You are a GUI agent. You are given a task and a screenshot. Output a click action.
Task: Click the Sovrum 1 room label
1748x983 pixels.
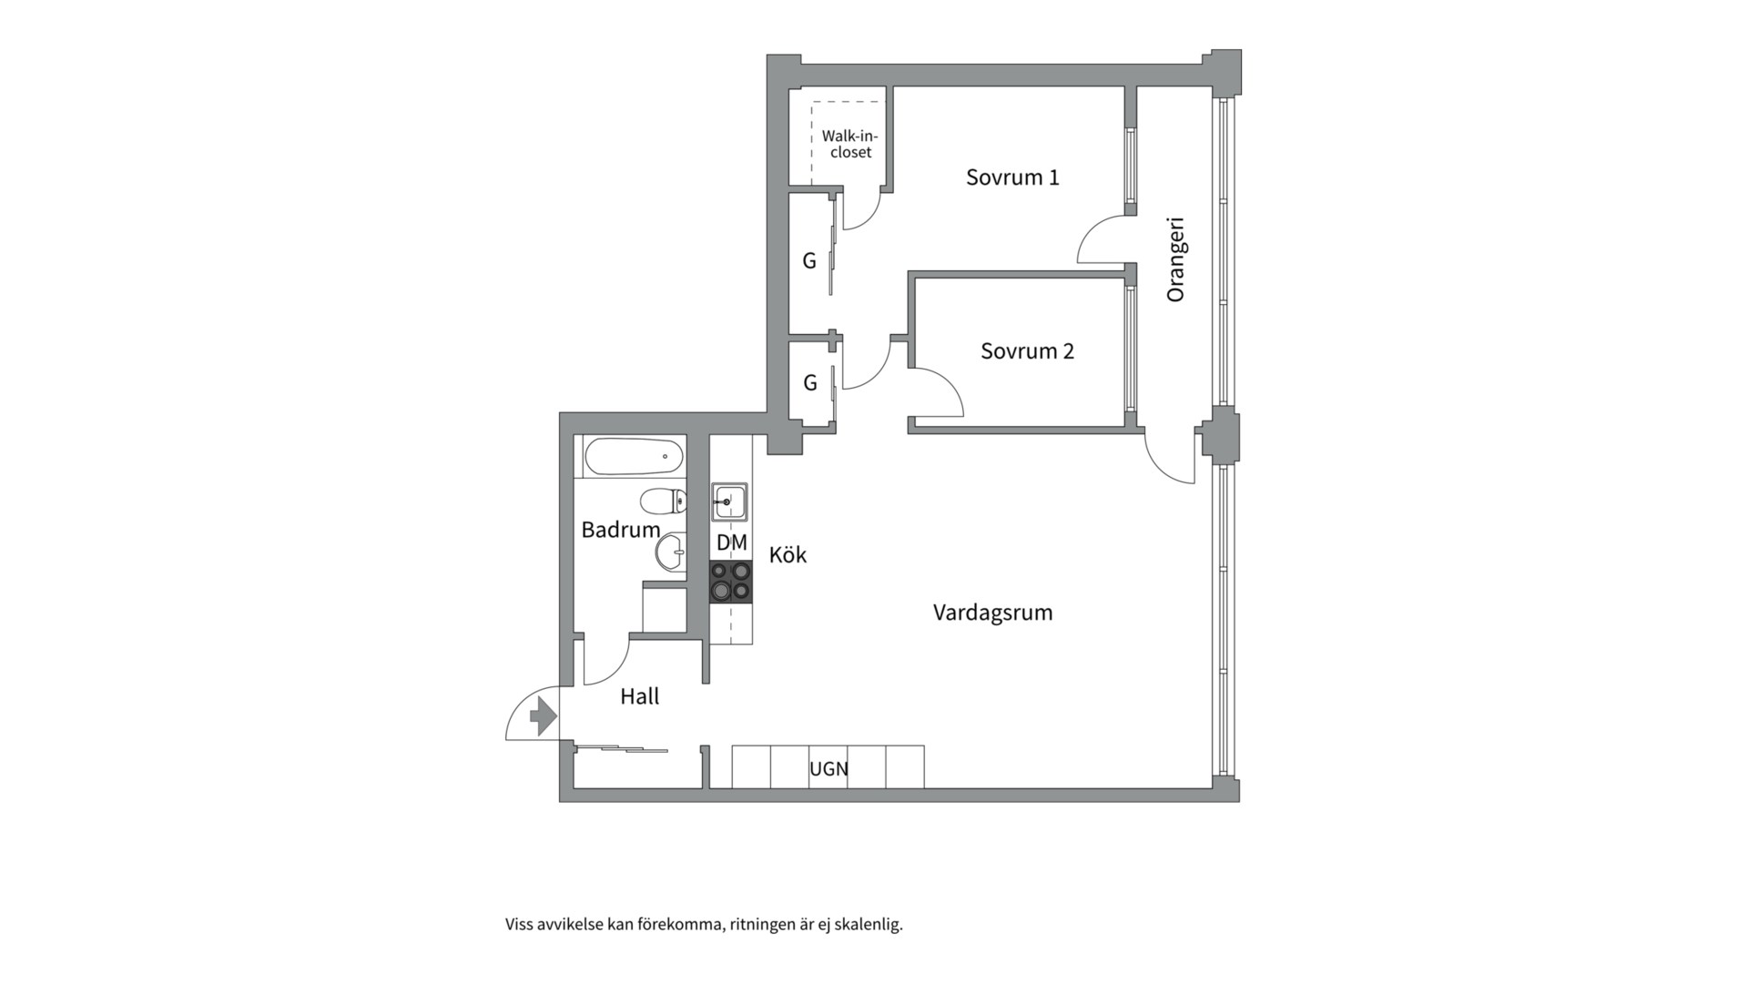(x=1012, y=177)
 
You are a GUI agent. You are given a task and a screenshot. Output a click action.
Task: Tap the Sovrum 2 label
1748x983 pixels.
(x=1027, y=350)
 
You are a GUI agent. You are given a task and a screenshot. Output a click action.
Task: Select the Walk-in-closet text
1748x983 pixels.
(x=850, y=144)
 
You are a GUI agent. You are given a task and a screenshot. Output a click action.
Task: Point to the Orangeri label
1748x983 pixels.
(x=1175, y=258)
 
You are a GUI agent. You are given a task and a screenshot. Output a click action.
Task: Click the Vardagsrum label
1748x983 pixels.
(x=992, y=613)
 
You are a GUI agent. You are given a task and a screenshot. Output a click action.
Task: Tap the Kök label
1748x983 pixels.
(x=788, y=554)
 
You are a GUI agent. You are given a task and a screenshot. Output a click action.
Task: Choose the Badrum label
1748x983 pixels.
(x=620, y=529)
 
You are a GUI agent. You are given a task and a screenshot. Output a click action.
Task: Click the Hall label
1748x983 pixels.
(x=639, y=696)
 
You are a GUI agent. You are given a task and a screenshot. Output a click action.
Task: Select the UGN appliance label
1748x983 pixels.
(x=828, y=769)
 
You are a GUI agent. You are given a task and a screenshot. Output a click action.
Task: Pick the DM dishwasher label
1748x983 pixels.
(x=731, y=542)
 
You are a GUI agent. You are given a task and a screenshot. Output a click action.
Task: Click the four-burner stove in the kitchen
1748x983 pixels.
(x=731, y=582)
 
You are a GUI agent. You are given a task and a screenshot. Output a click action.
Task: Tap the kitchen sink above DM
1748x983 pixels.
(x=729, y=502)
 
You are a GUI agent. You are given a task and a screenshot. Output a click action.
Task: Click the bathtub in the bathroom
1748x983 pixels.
(x=634, y=457)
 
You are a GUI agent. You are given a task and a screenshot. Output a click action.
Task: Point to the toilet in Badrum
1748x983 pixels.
(x=663, y=501)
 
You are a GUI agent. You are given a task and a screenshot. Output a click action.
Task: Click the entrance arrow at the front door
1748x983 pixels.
(x=543, y=715)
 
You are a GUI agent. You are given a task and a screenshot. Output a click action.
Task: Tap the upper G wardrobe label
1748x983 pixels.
(x=808, y=261)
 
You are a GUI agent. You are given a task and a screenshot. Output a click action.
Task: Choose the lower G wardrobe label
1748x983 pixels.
(x=810, y=383)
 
